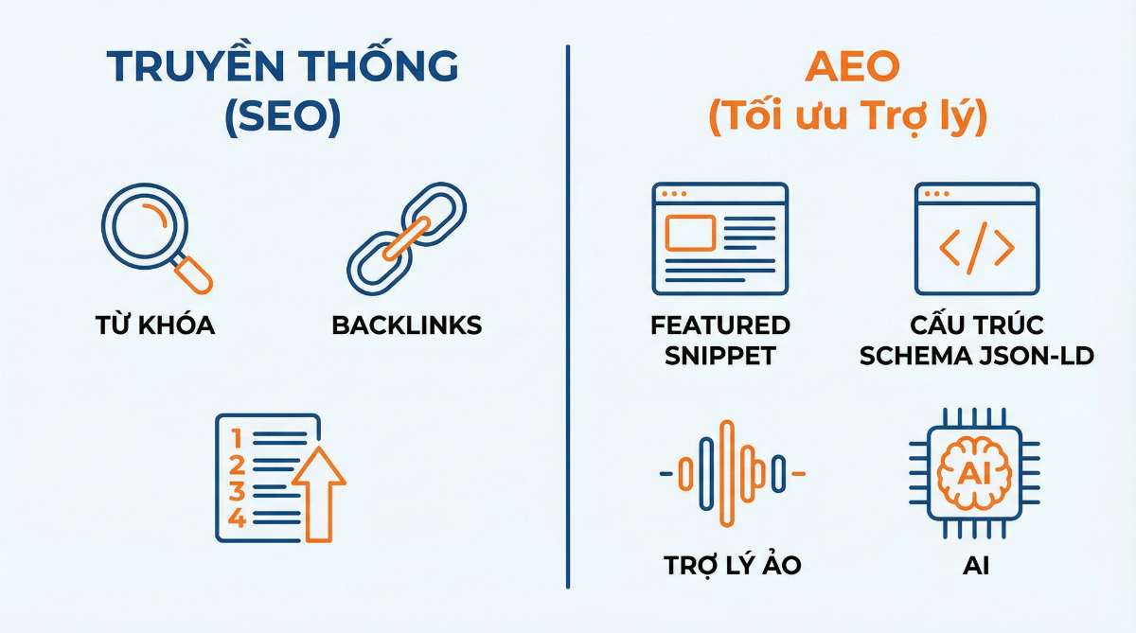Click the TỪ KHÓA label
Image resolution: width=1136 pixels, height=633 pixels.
tap(155, 325)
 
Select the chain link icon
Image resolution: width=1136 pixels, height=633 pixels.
tap(406, 237)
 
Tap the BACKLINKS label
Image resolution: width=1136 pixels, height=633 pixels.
tap(406, 325)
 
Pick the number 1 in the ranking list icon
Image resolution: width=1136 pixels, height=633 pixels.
tap(237, 438)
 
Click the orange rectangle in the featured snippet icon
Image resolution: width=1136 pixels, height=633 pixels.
tap(689, 233)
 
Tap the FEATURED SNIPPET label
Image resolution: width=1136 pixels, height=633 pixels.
tap(719, 341)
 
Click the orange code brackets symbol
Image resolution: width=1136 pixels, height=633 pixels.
tap(976, 248)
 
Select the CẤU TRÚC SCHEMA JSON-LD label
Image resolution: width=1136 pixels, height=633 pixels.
tap(976, 341)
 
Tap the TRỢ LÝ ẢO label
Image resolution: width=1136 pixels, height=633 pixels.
tap(732, 565)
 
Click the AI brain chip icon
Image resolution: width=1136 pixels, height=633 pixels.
tap(976, 470)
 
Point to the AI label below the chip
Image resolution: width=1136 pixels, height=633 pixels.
tap(976, 565)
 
